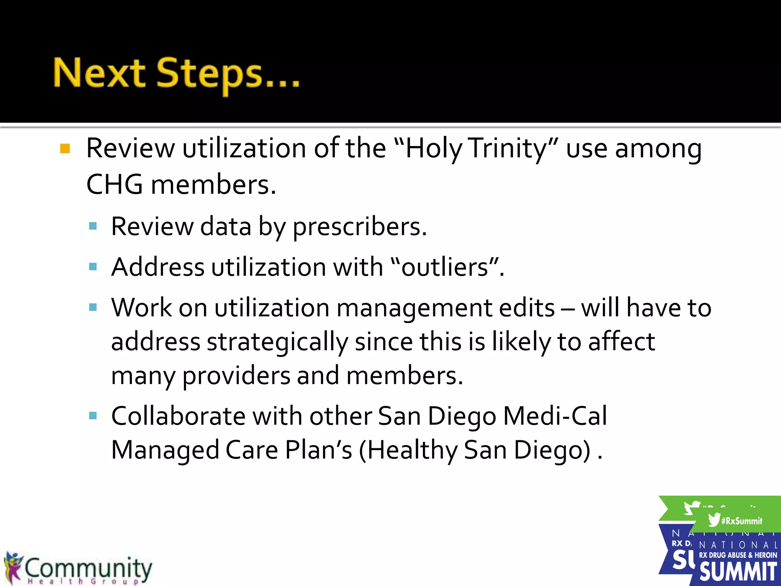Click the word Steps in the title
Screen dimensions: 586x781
click(209, 74)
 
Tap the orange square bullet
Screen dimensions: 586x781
click(65, 148)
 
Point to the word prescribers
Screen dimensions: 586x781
click(359, 227)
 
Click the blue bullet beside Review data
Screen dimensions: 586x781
click(93, 226)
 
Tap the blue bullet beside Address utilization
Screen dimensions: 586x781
click(93, 266)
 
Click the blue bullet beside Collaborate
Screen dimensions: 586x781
click(93, 415)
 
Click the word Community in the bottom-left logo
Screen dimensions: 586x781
click(88, 568)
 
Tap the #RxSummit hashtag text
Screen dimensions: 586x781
click(742, 521)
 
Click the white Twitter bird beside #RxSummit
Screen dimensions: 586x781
click(714, 520)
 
